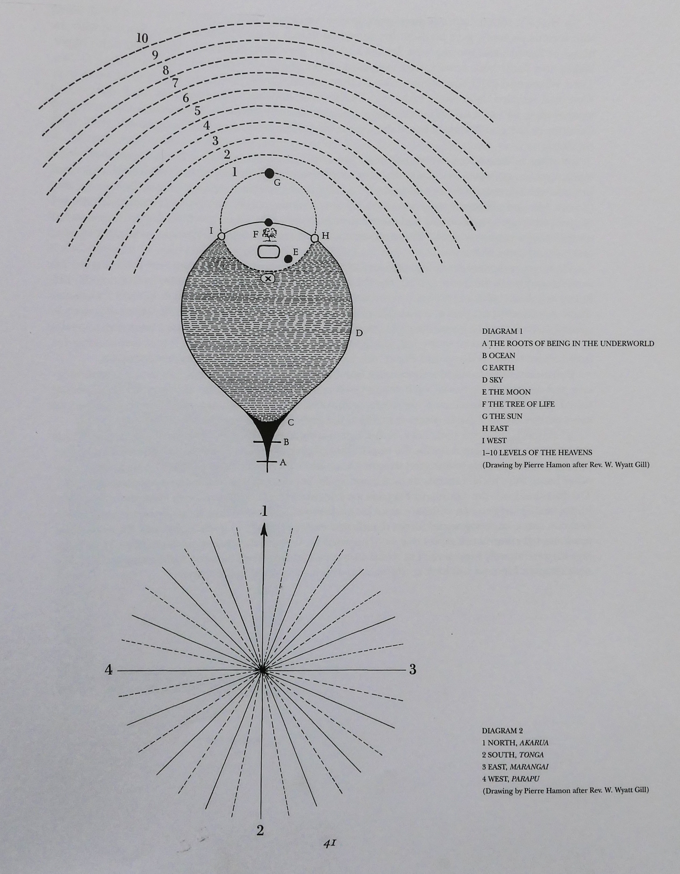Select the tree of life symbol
point(269,234)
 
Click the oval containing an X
point(268,279)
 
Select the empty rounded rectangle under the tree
point(268,252)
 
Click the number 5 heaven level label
point(197,111)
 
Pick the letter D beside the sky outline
point(359,333)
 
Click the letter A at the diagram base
point(283,463)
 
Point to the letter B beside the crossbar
point(286,442)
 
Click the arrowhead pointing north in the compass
point(264,530)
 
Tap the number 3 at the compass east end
point(413,669)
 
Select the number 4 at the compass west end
point(108,669)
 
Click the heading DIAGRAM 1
point(502,331)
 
